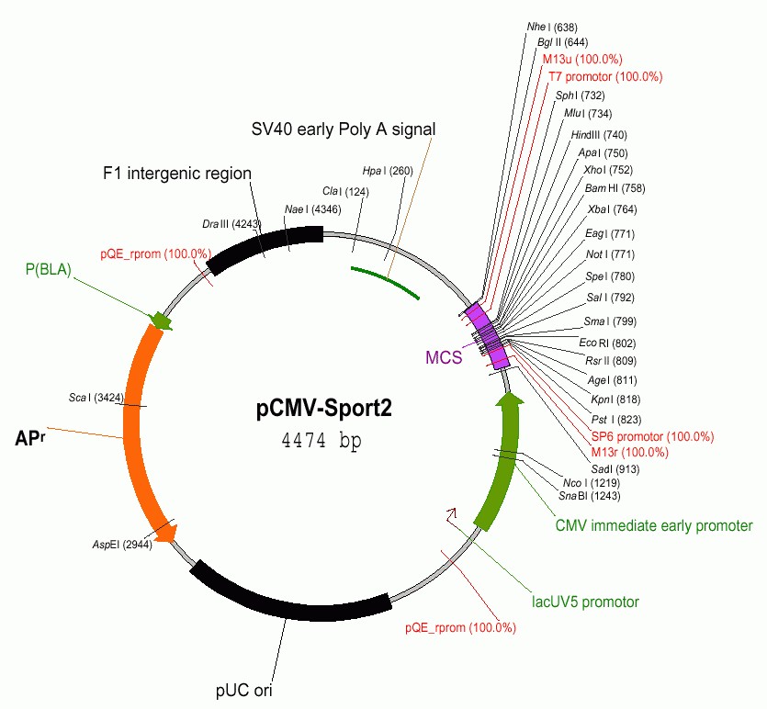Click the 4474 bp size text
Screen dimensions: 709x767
click(x=321, y=441)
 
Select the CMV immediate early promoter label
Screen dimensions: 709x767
click(x=653, y=526)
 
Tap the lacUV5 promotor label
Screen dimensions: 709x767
click(x=585, y=602)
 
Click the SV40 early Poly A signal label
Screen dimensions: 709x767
click(x=344, y=129)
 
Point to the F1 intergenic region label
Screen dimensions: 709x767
click(x=176, y=173)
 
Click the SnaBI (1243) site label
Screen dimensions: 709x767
click(x=589, y=496)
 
